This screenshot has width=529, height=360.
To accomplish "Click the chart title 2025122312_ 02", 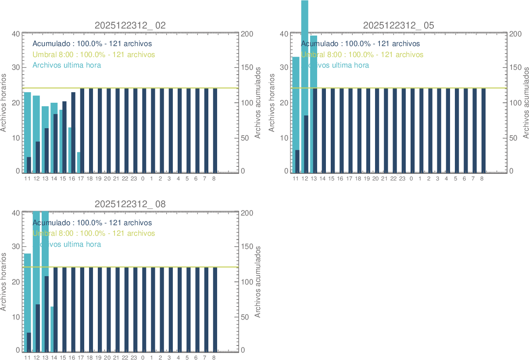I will (x=130, y=25).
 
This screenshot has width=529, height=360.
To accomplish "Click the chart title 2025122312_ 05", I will (x=398, y=25).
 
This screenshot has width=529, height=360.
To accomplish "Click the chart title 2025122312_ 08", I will (x=130, y=204).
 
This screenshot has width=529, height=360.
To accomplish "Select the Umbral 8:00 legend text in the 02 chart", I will (x=93, y=54).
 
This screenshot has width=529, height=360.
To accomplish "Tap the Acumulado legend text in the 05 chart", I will (x=360, y=44).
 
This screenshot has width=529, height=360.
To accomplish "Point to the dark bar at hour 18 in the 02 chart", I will (x=91, y=130).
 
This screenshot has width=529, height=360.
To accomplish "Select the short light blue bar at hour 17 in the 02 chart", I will (x=78, y=162).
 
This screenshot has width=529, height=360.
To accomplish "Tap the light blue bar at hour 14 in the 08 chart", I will (x=52, y=329).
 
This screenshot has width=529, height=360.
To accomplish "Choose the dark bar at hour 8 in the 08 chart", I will (x=215, y=310).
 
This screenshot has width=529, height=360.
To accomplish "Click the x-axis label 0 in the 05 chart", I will (x=411, y=179).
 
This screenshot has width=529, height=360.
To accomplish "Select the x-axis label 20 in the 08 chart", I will (x=107, y=358).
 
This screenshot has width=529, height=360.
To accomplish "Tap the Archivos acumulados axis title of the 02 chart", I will (x=258, y=103).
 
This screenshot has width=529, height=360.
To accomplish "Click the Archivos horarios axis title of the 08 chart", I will (x=4, y=281).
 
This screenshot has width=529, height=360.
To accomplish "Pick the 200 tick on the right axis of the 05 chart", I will (x=515, y=34).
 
